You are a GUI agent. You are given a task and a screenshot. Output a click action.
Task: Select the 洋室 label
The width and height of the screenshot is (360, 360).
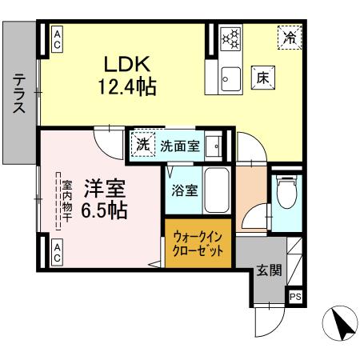tap(104, 189)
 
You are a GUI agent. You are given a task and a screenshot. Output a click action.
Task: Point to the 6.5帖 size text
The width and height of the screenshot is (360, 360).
tap(104, 210)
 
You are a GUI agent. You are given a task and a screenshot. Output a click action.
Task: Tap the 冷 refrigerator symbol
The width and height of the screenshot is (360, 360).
tap(290, 37)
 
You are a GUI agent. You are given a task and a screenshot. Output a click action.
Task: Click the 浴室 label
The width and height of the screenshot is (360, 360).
tap(182, 191)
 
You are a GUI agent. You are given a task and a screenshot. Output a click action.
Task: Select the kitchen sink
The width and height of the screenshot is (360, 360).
tap(229, 78)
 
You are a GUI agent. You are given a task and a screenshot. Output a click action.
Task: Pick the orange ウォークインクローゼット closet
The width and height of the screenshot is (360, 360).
tap(199, 242)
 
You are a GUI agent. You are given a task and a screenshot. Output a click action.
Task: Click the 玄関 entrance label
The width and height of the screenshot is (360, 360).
tap(269, 270)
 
